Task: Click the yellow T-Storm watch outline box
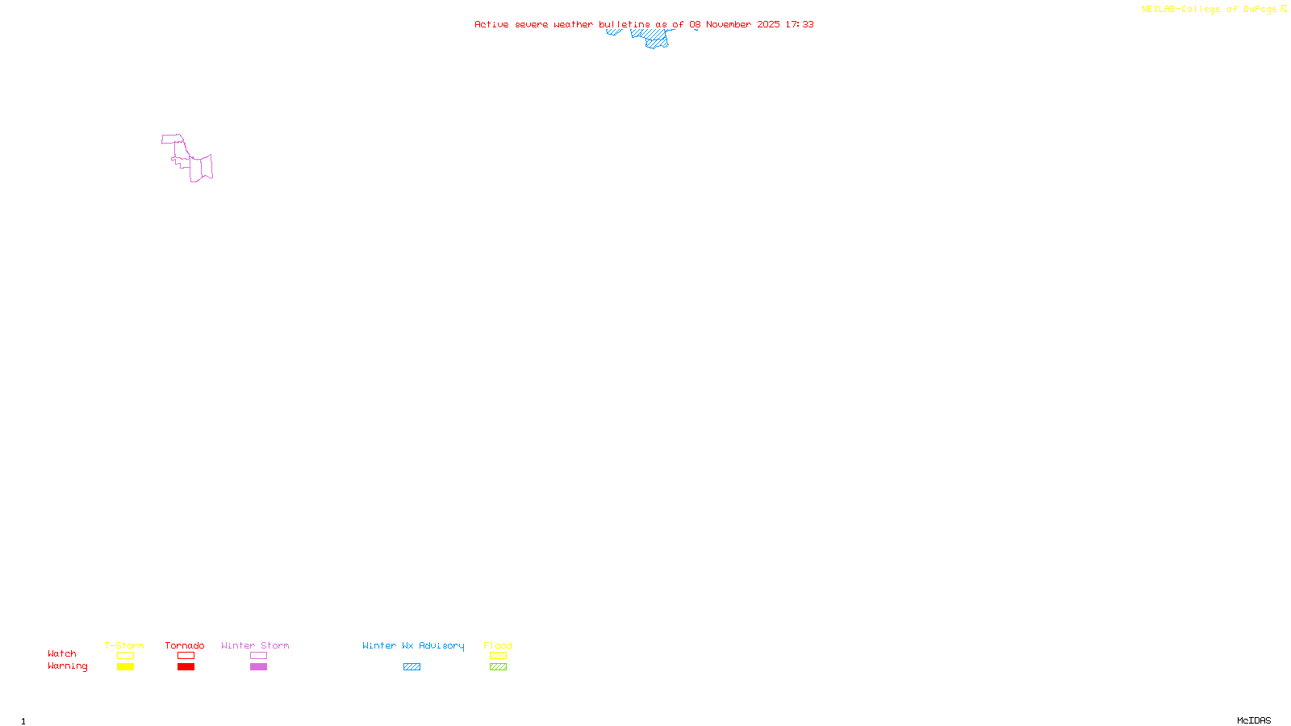click(125, 656)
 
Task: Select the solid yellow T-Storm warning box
click(125, 667)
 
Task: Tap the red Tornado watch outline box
click(186, 656)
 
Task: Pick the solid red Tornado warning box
click(186, 667)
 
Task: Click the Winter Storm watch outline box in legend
click(258, 656)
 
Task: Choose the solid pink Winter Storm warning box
click(258, 667)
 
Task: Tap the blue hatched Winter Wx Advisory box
click(412, 667)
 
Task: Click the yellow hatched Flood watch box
click(498, 656)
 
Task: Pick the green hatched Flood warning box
click(498, 667)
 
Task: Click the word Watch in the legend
click(62, 654)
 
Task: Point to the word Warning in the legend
click(67, 666)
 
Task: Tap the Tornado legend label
click(185, 645)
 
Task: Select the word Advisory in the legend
click(441, 645)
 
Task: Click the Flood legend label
click(498, 645)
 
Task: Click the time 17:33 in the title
click(800, 24)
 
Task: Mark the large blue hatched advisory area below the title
click(656, 41)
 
